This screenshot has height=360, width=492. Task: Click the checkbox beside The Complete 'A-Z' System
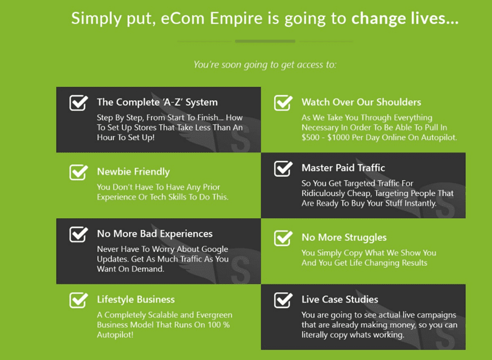(x=79, y=102)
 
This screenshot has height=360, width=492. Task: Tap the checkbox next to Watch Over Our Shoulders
(x=283, y=102)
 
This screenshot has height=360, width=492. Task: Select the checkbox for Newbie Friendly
(x=79, y=172)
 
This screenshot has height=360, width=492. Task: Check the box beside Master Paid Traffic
(x=283, y=168)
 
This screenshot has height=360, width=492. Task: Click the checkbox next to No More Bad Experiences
(x=79, y=234)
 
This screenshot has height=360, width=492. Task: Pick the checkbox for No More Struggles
(x=283, y=238)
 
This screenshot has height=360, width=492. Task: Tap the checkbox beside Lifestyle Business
(x=79, y=300)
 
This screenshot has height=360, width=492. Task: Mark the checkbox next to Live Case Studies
(x=283, y=300)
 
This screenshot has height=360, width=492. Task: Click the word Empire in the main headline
(x=236, y=19)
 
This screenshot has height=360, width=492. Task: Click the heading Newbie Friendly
(x=133, y=172)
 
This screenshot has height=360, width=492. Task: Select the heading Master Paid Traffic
(x=343, y=168)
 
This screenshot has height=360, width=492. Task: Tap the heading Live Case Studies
(x=340, y=299)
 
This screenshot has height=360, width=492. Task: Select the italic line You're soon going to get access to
(x=265, y=65)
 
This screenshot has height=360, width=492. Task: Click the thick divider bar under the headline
(x=265, y=41)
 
